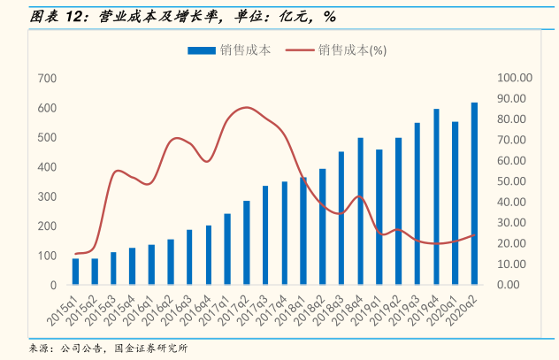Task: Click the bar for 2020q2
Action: (x=474, y=194)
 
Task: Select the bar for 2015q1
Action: (x=75, y=272)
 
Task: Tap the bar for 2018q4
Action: (x=360, y=211)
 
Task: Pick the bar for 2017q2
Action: (x=246, y=243)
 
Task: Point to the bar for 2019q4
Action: (x=436, y=197)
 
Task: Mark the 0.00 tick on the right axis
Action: (x=517, y=285)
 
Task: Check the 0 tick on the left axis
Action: (x=54, y=285)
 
